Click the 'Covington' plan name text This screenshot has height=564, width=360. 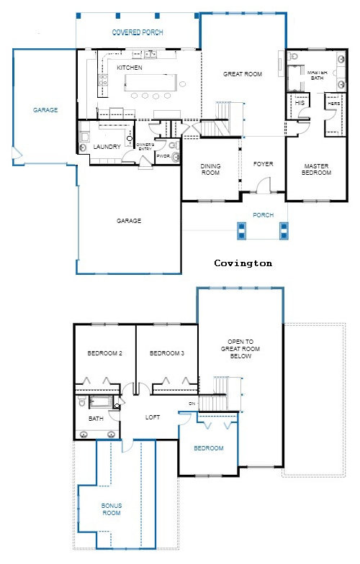point(243,263)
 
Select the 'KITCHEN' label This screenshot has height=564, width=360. point(130,68)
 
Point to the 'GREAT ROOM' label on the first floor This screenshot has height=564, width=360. point(242,73)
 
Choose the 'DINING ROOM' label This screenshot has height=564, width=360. point(210,170)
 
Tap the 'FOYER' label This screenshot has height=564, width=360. point(264,164)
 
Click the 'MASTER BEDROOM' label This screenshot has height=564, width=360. point(316,170)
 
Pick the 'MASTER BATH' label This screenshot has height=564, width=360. point(318,76)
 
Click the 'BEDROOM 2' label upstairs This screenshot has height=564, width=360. point(104,354)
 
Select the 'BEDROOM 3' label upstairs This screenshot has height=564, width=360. point(166,354)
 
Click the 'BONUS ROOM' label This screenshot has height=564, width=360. point(112,509)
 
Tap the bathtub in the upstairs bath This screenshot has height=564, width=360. point(97,402)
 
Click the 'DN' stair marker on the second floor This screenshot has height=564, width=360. point(192,404)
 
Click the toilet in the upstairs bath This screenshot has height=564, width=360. point(117,406)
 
